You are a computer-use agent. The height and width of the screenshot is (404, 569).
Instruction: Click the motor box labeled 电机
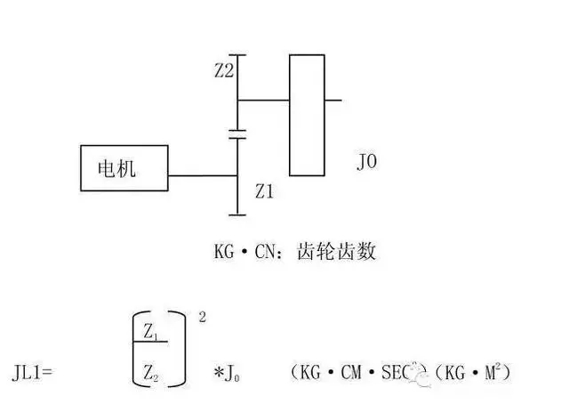tap(124, 167)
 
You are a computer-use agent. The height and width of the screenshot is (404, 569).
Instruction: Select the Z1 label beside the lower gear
tap(265, 190)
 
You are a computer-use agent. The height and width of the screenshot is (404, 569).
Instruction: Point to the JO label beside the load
tap(367, 163)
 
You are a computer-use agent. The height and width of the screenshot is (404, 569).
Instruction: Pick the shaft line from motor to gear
tap(203, 176)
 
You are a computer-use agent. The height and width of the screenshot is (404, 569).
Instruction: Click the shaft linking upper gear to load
tap(263, 100)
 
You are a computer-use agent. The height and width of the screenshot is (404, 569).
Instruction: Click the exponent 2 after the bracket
tap(203, 317)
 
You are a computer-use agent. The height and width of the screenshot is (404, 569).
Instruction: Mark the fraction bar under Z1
tap(151, 343)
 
